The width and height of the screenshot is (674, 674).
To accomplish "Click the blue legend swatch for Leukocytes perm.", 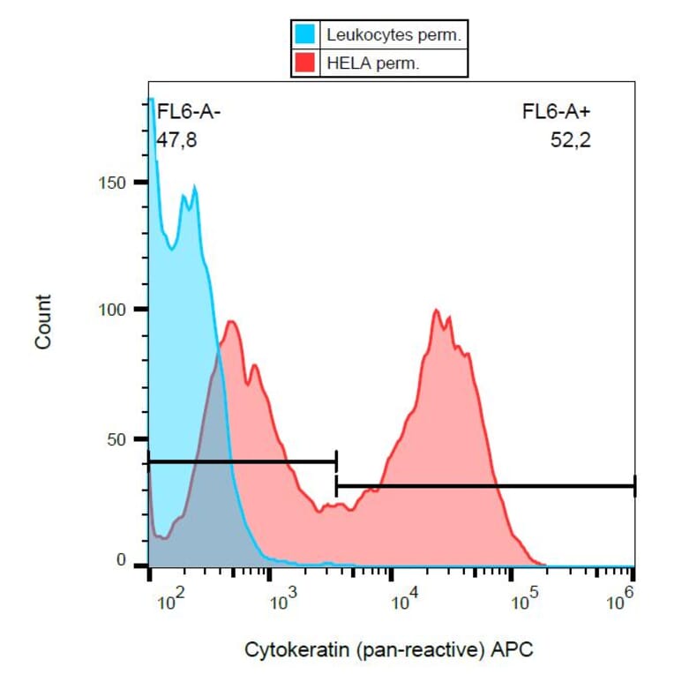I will click(x=306, y=35).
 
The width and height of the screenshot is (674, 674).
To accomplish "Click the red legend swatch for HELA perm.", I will click(x=306, y=63).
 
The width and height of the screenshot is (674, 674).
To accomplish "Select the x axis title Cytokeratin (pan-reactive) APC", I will click(x=388, y=650).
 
